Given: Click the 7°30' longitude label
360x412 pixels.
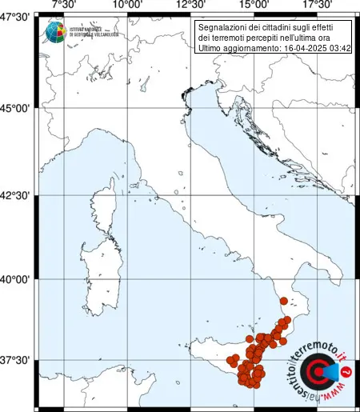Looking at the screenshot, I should [64, 6].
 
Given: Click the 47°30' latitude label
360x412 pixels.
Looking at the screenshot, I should [16, 17].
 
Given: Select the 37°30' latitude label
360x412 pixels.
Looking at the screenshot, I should [16, 361].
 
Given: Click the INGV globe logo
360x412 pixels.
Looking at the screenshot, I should [57, 32].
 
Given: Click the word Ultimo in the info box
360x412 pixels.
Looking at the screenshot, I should [210, 50].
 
